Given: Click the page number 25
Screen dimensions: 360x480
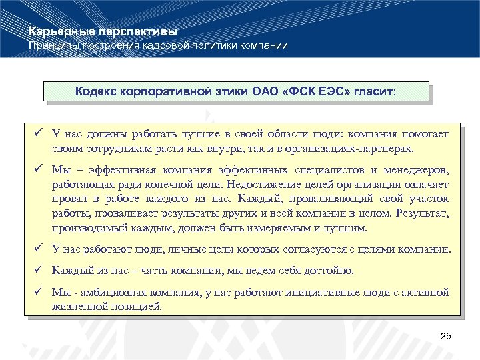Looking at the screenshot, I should [446, 335].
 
